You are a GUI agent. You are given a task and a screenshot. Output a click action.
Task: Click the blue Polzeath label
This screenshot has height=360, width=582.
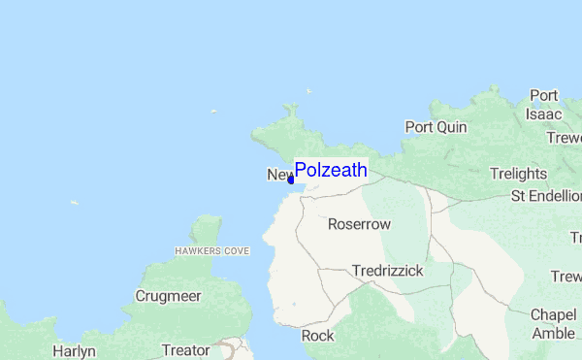pyautogui.click(x=331, y=171)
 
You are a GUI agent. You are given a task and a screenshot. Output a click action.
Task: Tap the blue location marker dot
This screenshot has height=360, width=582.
pyautogui.click(x=291, y=180)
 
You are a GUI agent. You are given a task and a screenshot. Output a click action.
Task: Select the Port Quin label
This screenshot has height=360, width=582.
pyautogui.click(x=436, y=127)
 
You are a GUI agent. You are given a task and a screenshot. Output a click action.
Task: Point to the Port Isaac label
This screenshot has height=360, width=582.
pyautogui.click(x=544, y=105)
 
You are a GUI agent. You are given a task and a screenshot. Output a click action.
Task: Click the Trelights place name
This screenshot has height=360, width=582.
pyautogui.click(x=518, y=174)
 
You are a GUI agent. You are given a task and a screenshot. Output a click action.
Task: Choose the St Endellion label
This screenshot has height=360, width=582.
pyautogui.click(x=545, y=197)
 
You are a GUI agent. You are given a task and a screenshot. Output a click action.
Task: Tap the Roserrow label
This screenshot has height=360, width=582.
pyautogui.click(x=359, y=224)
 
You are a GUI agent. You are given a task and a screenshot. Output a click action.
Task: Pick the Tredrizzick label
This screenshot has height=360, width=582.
pyautogui.click(x=388, y=271)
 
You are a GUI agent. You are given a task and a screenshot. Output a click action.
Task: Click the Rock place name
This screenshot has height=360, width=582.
pyautogui.click(x=317, y=336)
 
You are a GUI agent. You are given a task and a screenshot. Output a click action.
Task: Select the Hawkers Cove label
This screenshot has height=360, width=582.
pyautogui.click(x=211, y=250)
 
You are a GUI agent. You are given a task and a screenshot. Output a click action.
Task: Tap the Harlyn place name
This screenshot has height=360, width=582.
pyautogui.click(x=75, y=350)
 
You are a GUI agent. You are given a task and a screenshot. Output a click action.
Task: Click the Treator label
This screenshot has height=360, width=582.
pyautogui.click(x=185, y=350)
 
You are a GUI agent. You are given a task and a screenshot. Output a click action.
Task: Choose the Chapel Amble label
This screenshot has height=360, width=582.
pyautogui.click(x=553, y=324)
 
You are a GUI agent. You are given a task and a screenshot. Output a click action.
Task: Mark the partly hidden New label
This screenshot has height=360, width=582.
pyautogui.click(x=277, y=176)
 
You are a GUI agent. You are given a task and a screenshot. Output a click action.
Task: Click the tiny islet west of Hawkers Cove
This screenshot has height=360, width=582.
pyautogui.click(x=75, y=203)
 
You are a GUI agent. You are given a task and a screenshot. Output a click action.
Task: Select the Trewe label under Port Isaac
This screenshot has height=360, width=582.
pyautogui.click(x=564, y=138)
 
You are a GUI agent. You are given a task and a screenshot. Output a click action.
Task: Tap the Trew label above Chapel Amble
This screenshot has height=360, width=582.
pyautogui.click(x=566, y=278)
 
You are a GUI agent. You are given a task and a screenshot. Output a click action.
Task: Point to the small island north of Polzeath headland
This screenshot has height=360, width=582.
pyautogui.click(x=308, y=91)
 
